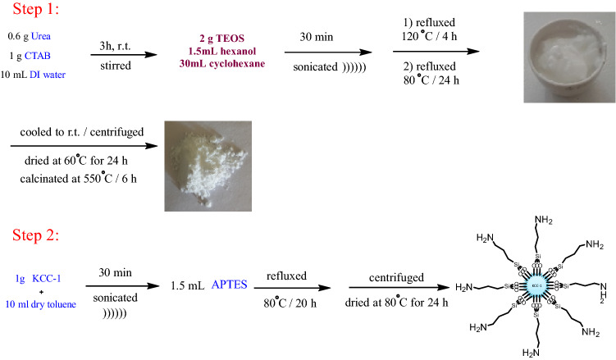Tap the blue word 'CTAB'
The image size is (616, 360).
point(38,55)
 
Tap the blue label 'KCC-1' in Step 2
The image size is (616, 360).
point(54,280)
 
